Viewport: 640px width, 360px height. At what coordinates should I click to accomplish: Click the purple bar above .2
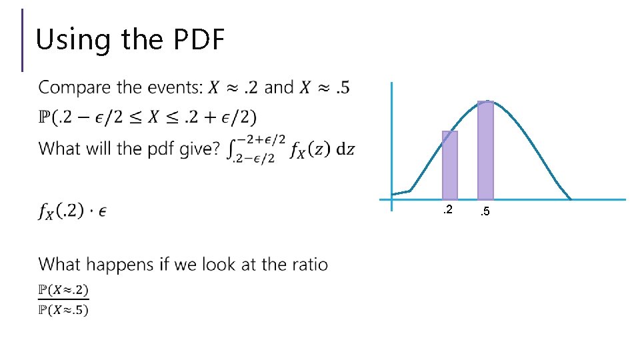[450, 165]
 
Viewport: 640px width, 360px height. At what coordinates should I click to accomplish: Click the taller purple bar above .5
[485, 150]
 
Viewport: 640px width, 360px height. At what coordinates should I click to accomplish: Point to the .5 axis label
[485, 211]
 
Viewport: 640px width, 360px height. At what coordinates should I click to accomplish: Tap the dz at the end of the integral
[345, 149]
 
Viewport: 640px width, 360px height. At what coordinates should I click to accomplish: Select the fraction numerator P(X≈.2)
[63, 291]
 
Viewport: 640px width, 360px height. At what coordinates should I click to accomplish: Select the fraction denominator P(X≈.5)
[63, 309]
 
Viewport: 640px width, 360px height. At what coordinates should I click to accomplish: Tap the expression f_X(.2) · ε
[73, 211]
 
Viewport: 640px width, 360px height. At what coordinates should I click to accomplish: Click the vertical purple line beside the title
[23, 40]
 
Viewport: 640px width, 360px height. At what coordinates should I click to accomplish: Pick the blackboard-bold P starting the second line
[45, 117]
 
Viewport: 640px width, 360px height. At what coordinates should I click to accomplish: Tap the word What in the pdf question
[57, 148]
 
